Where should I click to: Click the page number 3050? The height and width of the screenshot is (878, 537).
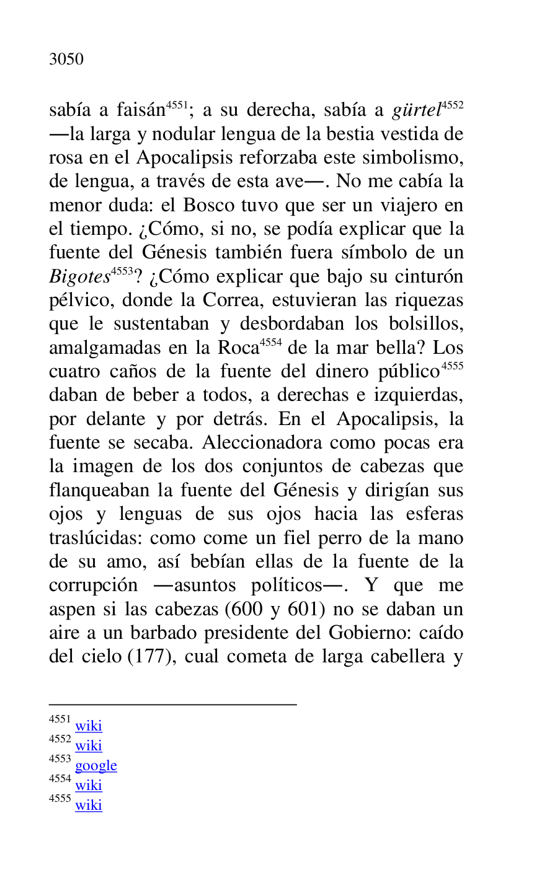click(66, 59)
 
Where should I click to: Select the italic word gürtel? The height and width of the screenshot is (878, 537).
click(416, 111)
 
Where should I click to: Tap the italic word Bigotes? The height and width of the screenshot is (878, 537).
click(79, 277)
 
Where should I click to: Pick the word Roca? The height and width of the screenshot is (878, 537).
click(237, 348)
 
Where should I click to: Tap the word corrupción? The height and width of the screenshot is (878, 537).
click(93, 586)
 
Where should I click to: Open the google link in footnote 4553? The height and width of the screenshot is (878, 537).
click(96, 766)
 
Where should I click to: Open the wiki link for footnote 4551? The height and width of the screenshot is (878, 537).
click(89, 726)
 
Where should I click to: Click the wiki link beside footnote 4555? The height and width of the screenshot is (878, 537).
click(89, 806)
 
